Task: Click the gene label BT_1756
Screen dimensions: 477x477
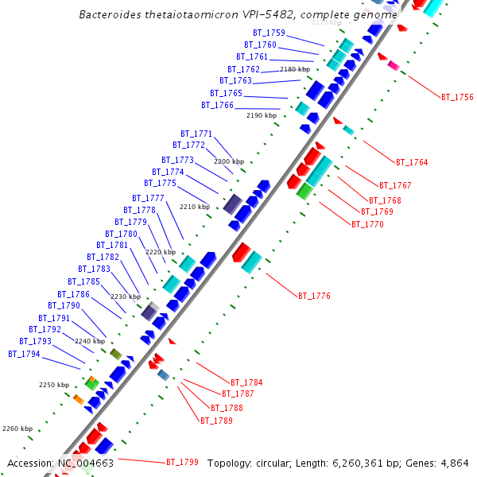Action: tap(457, 97)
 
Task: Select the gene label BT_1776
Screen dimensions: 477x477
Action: tap(314, 296)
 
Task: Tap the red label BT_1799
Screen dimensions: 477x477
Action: tap(182, 462)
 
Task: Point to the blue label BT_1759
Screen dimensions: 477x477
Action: tap(269, 33)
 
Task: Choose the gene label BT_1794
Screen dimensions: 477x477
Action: tap(24, 354)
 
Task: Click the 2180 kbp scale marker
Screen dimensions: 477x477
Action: tap(295, 70)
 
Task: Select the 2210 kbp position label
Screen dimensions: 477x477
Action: tap(195, 207)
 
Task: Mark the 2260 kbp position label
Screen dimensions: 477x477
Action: tap(17, 429)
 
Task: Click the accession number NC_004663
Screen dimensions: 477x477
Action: tap(86, 463)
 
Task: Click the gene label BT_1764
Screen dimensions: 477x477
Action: tap(412, 162)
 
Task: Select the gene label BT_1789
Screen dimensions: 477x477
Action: tap(216, 421)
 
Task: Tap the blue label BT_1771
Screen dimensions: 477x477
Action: tap(196, 134)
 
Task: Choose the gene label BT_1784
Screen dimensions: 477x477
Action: tap(246, 382)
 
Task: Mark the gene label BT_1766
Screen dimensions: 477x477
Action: tap(217, 105)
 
